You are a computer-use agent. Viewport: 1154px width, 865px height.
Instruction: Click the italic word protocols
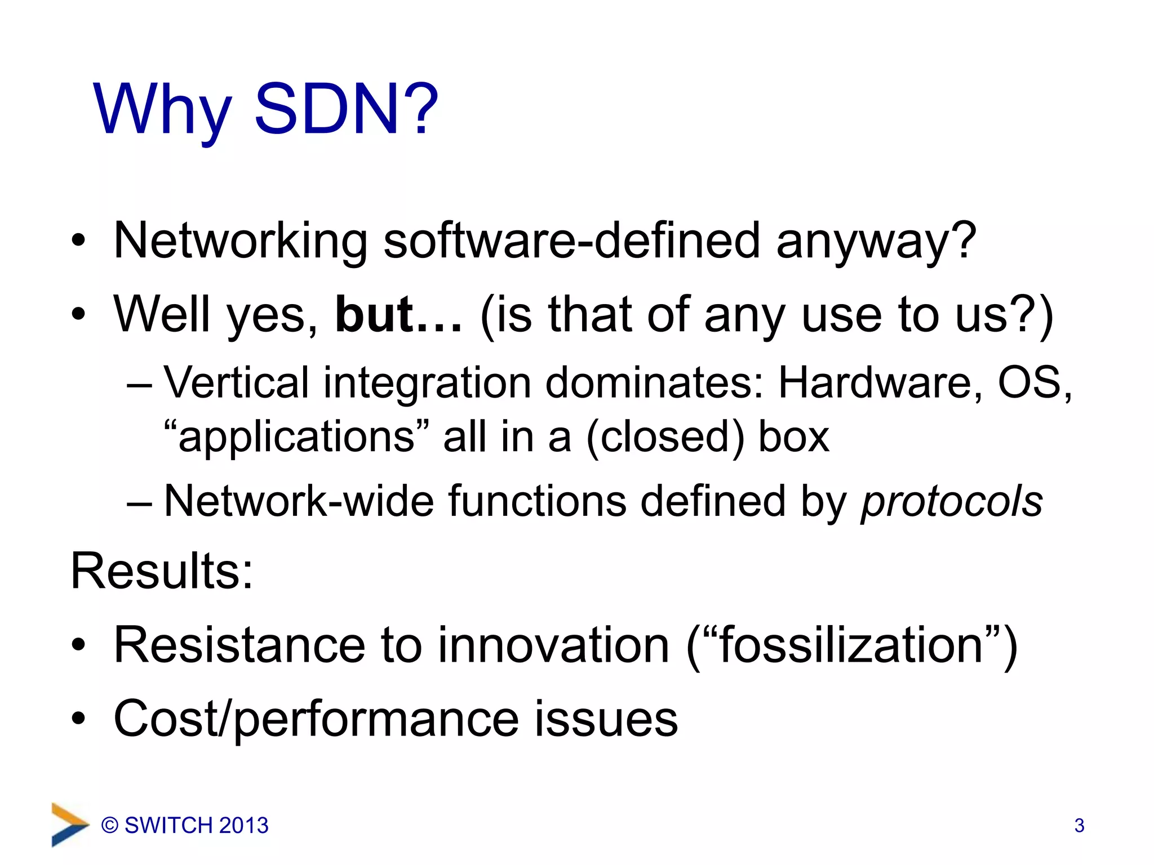[951, 501]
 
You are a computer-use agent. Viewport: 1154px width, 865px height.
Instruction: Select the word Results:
[162, 571]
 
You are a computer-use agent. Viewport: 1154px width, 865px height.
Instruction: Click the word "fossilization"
[851, 645]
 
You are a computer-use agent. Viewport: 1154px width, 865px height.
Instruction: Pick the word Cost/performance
[316, 719]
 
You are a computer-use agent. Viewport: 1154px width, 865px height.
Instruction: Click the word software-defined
[571, 240]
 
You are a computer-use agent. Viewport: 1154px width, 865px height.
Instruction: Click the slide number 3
[1079, 826]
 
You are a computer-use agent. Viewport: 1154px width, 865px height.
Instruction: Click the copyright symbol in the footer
[110, 826]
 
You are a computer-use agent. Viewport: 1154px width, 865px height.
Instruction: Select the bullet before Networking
[78, 242]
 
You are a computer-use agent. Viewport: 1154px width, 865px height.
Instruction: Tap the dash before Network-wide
[139, 502]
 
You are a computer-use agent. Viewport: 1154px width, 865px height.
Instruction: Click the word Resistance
[239, 645]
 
